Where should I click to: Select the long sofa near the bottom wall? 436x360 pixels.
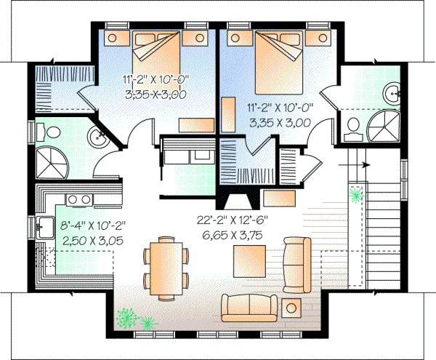coord(251,308)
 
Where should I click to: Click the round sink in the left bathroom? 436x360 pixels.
coord(97,136)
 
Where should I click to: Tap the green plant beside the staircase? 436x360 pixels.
coord(357,193)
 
